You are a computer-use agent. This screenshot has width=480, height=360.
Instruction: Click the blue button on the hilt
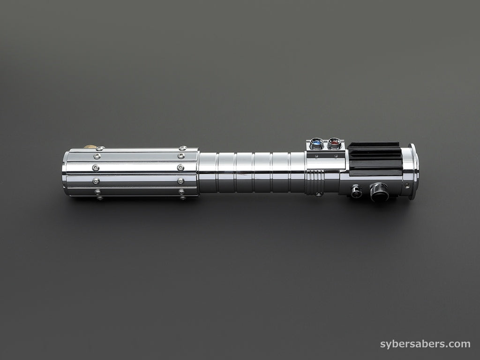316,143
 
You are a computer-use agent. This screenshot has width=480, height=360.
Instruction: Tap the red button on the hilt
335,143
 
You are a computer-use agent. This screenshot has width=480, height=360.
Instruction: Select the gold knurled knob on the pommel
90,147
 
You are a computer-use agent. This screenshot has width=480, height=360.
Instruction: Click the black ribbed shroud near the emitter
375,158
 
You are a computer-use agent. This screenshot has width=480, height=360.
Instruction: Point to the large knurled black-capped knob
380,192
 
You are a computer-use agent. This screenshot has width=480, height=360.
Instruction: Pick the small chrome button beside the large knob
356,191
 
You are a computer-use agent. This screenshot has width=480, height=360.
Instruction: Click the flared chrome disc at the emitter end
413,172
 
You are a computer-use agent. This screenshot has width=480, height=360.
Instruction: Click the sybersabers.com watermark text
425,344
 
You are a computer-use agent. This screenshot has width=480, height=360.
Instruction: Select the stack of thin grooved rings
313,182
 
